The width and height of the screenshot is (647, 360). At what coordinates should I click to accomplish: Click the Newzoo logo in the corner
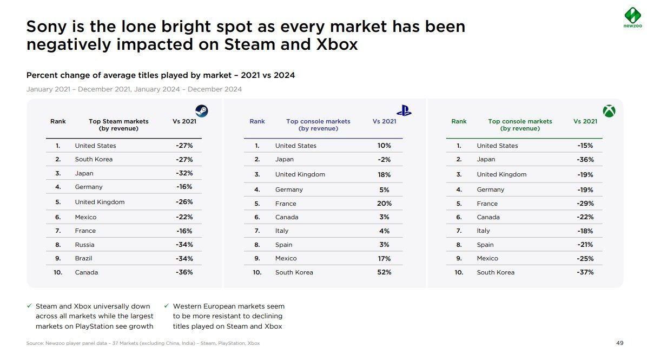(632, 17)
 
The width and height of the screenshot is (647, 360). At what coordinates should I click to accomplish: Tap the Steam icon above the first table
(201, 111)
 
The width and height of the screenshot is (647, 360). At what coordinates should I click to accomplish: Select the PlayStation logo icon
(404, 110)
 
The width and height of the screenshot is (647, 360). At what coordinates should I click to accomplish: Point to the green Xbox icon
(609, 111)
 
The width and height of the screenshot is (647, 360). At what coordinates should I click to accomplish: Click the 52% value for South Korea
(384, 272)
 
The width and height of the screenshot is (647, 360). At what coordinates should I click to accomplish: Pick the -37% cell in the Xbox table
(585, 272)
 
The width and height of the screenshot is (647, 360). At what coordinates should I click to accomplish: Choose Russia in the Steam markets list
(84, 245)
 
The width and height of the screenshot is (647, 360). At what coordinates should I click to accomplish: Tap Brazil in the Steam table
(83, 259)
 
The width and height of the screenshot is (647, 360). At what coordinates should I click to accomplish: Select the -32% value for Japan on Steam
(184, 174)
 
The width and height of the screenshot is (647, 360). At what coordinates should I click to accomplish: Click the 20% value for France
(384, 204)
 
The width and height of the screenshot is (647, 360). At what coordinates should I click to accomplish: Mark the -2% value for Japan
(384, 160)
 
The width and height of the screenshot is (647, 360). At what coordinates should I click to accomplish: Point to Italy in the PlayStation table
(282, 231)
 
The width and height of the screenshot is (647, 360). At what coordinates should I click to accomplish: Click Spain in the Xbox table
(485, 245)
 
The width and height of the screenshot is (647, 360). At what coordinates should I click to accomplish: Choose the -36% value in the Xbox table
(585, 160)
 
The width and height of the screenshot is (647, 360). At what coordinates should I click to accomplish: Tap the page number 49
(620, 343)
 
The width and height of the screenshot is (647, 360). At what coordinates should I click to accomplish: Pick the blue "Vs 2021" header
(384, 121)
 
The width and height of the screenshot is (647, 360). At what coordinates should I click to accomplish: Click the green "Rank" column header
(459, 121)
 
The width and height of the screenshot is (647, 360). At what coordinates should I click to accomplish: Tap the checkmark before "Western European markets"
(167, 306)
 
